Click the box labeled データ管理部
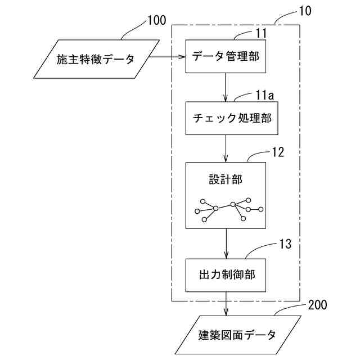click(226, 56)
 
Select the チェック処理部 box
click(226, 118)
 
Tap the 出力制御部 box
click(226, 275)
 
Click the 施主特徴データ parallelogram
click(96, 58)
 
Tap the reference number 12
click(277, 152)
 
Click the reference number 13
click(285, 245)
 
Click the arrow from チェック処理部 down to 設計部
click(226, 148)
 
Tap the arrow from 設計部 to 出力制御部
click(226, 242)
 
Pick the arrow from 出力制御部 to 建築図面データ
click(226, 304)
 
